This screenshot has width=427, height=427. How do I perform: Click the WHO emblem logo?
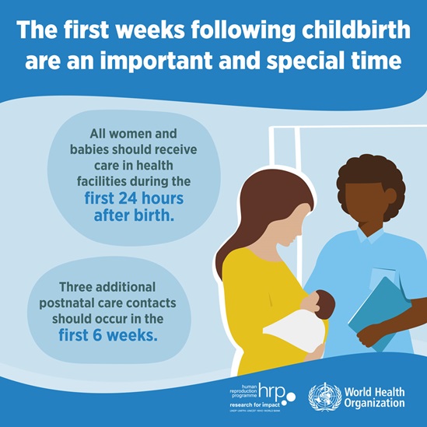pos(325,397)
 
